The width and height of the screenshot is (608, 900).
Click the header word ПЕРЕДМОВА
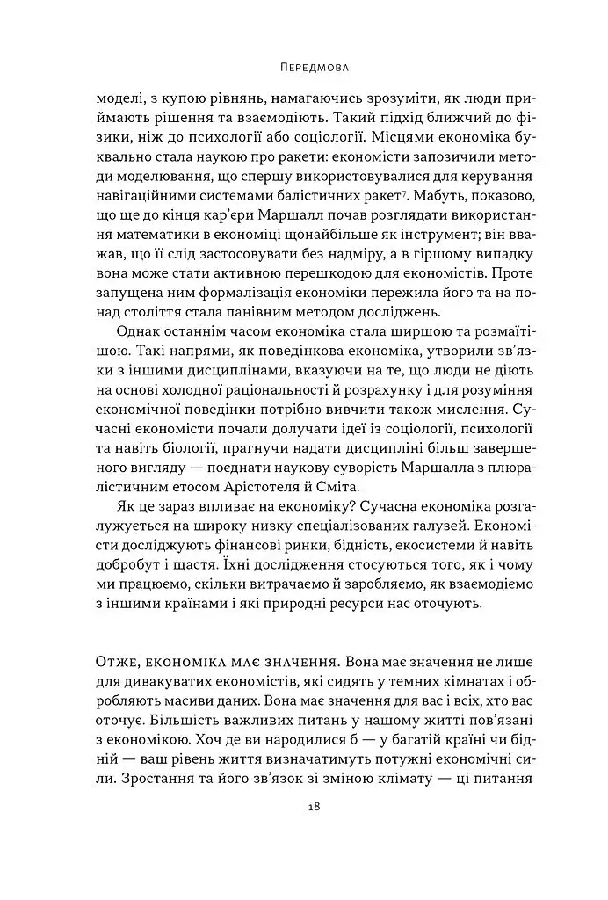(303, 67)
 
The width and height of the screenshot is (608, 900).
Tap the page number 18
(303, 808)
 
